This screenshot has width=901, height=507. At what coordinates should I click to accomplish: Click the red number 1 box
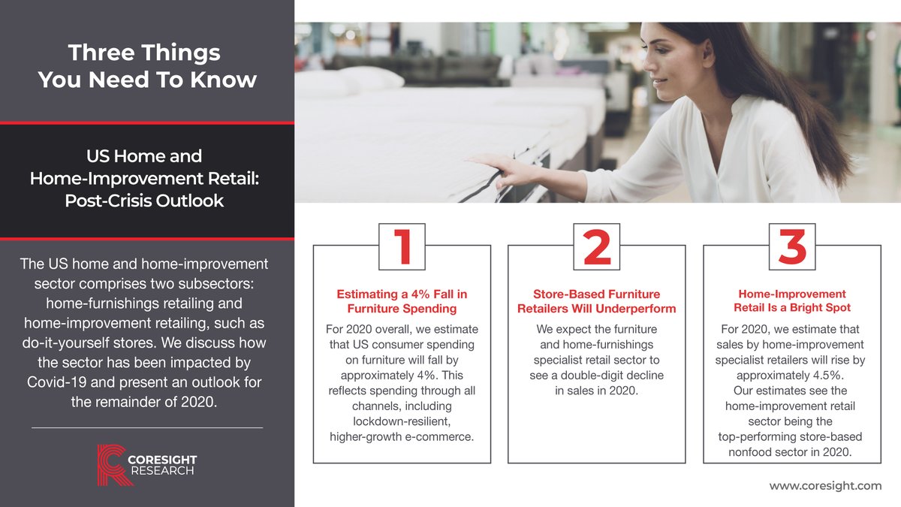402,246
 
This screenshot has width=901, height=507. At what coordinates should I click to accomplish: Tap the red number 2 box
596,246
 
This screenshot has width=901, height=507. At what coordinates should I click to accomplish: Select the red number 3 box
791,246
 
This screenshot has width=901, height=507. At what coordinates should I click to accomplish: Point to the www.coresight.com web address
825,486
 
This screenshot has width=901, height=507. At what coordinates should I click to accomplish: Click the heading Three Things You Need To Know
147,66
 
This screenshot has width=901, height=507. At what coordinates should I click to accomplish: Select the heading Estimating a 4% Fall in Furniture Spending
402,301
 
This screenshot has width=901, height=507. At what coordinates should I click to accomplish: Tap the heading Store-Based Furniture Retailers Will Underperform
596,301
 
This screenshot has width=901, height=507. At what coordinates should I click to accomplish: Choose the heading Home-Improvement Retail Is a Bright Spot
791,301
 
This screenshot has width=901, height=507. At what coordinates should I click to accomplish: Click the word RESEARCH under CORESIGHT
164,471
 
